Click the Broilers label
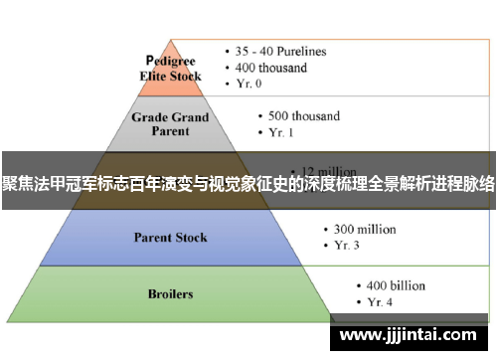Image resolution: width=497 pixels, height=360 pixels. click(x=171, y=294)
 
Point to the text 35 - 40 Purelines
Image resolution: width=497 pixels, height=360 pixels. click(x=281, y=51)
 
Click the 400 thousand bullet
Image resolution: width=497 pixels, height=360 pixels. click(x=271, y=68)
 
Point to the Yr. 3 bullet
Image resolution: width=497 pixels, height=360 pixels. click(x=348, y=247)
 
